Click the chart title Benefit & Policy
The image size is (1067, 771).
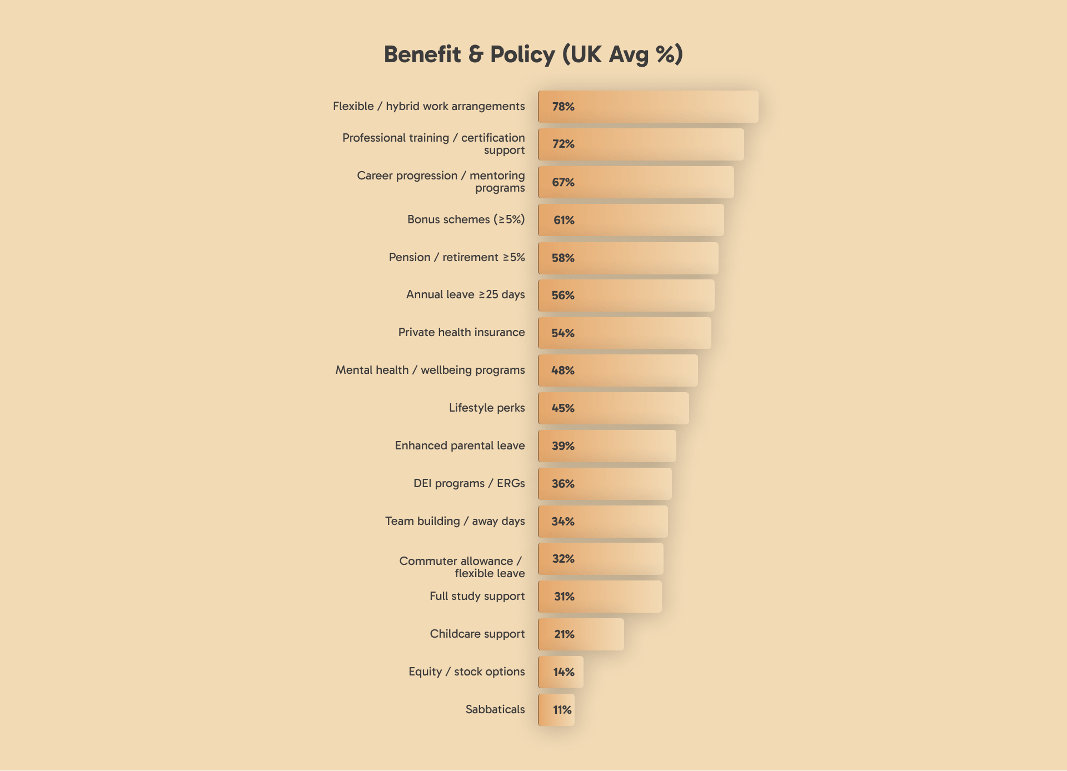[x=533, y=54]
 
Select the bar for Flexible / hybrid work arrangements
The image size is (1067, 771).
[x=647, y=107]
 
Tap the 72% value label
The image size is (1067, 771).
[x=563, y=144]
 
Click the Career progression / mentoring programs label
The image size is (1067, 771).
[x=441, y=182]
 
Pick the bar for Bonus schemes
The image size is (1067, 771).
[x=631, y=220]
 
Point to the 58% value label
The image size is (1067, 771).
[x=563, y=258]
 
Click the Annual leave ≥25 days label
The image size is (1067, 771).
[x=465, y=294]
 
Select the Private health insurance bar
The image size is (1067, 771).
[x=624, y=333]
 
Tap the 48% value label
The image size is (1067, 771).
[x=562, y=371]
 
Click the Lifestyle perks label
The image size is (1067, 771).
[x=486, y=408]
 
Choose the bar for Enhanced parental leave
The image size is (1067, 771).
[x=607, y=446]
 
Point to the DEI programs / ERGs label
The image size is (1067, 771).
[x=468, y=483]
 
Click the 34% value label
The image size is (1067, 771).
[x=562, y=522]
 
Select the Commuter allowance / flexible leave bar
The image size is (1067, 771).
[x=600, y=559]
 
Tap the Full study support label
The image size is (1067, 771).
[x=477, y=596]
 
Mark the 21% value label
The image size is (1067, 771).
[x=564, y=634]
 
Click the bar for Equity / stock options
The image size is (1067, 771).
[x=560, y=672]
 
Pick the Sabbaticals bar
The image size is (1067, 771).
[x=556, y=710]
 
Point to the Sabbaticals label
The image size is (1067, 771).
[x=495, y=709]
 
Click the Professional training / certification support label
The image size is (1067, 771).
[x=433, y=144]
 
